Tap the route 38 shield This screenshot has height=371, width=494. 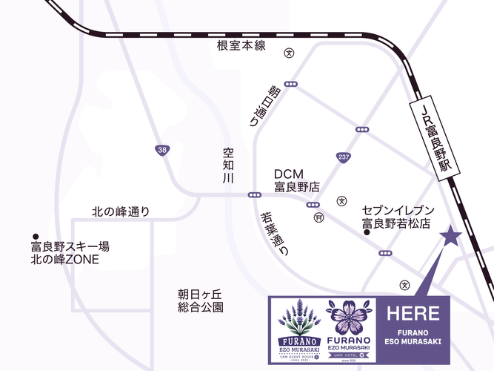tap(161, 150)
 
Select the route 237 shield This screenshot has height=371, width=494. tap(343, 157)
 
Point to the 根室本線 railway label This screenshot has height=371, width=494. tap(241, 46)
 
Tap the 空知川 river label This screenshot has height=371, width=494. tap(228, 166)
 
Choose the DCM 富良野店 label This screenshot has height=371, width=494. tap(296, 180)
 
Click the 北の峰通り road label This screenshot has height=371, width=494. tap(121, 211)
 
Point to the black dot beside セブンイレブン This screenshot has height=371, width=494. tap(366, 233)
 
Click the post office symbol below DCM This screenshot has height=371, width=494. tap(318, 217)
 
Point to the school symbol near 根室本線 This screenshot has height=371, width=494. tap(290, 53)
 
